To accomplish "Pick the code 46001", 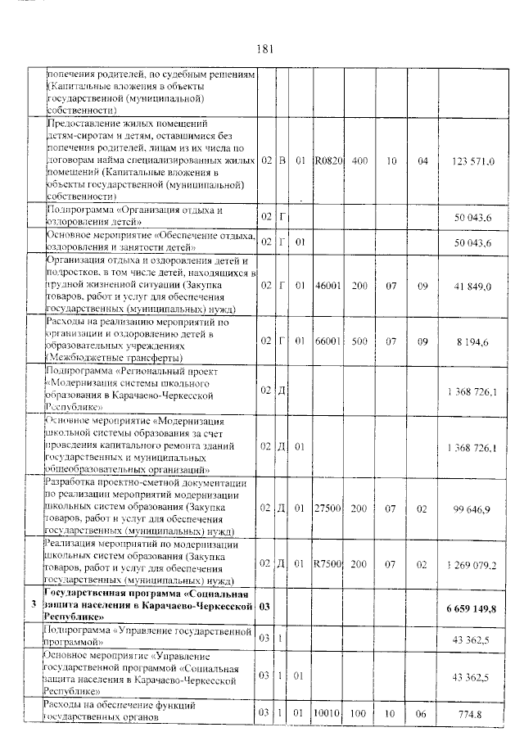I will click(x=327, y=287).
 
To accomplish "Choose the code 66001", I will click(x=327, y=340).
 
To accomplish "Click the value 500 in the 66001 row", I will click(x=359, y=340).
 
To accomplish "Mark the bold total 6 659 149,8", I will click(x=472, y=607).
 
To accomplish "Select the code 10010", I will click(x=327, y=713).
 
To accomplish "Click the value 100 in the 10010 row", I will click(x=359, y=713).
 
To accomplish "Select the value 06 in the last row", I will click(x=422, y=713).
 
